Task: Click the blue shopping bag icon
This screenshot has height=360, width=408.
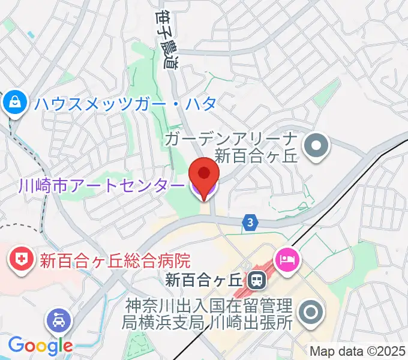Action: [13, 103]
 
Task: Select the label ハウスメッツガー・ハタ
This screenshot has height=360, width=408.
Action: [125, 104]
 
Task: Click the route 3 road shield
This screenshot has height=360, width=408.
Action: [250, 223]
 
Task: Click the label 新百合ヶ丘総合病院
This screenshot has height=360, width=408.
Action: [115, 260]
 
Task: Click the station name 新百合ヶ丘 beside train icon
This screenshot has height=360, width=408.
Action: [203, 280]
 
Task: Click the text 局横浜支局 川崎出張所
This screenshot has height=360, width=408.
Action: [206, 322]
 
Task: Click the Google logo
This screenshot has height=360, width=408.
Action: [40, 345]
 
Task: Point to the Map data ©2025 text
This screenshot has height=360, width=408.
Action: [358, 351]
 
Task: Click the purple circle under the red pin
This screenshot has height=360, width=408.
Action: [204, 191]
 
